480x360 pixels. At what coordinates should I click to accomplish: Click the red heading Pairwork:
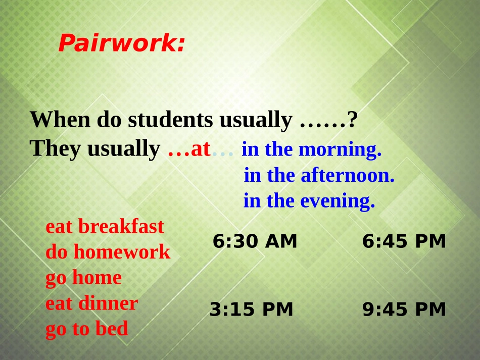coord(121,43)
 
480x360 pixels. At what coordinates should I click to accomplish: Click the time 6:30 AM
coord(255,242)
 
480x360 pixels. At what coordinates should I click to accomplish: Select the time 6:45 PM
coord(404,242)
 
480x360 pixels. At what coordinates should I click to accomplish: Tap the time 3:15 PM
coord(252,310)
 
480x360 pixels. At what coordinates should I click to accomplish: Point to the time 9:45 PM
coord(404,310)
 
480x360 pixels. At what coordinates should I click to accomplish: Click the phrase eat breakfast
coord(105,226)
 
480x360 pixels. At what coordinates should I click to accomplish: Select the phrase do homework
coord(108,251)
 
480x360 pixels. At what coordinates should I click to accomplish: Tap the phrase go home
coord(83,278)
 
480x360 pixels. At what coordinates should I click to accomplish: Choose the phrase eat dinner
coord(91,303)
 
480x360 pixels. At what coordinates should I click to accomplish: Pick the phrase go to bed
coord(87,329)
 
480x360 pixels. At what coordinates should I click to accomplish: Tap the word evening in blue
coord(338,201)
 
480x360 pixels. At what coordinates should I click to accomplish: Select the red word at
coord(201,149)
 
